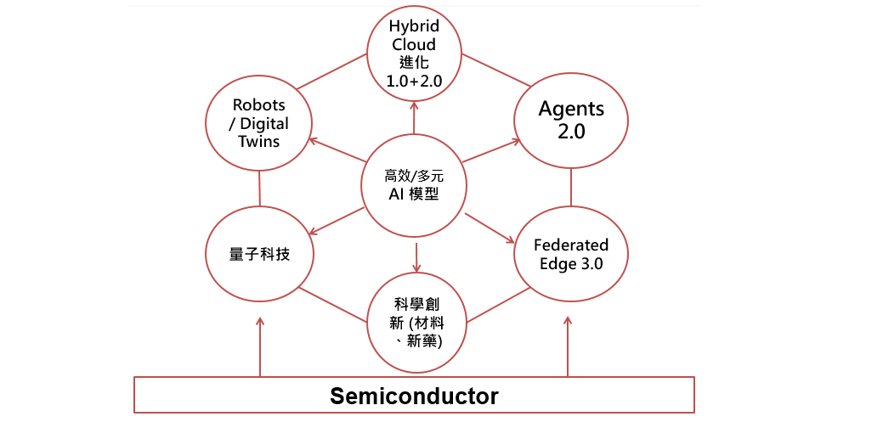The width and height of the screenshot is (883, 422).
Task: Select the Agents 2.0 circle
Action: point(571,121)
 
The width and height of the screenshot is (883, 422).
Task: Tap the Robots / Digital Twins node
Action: point(259,123)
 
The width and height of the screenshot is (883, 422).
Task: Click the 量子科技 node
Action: point(260,254)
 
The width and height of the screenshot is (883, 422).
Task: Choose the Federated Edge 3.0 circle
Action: point(570,254)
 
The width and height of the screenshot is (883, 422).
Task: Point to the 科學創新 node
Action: point(416,322)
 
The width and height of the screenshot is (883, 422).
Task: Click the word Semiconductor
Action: point(414,396)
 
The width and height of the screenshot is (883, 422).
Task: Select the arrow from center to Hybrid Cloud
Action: point(415,116)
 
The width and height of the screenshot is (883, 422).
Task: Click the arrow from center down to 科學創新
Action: point(416,257)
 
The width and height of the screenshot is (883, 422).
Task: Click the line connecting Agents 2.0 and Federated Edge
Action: point(571,187)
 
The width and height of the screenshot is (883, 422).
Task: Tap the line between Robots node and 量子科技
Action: point(259,188)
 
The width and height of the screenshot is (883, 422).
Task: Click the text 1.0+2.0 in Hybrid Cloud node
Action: point(415,81)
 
